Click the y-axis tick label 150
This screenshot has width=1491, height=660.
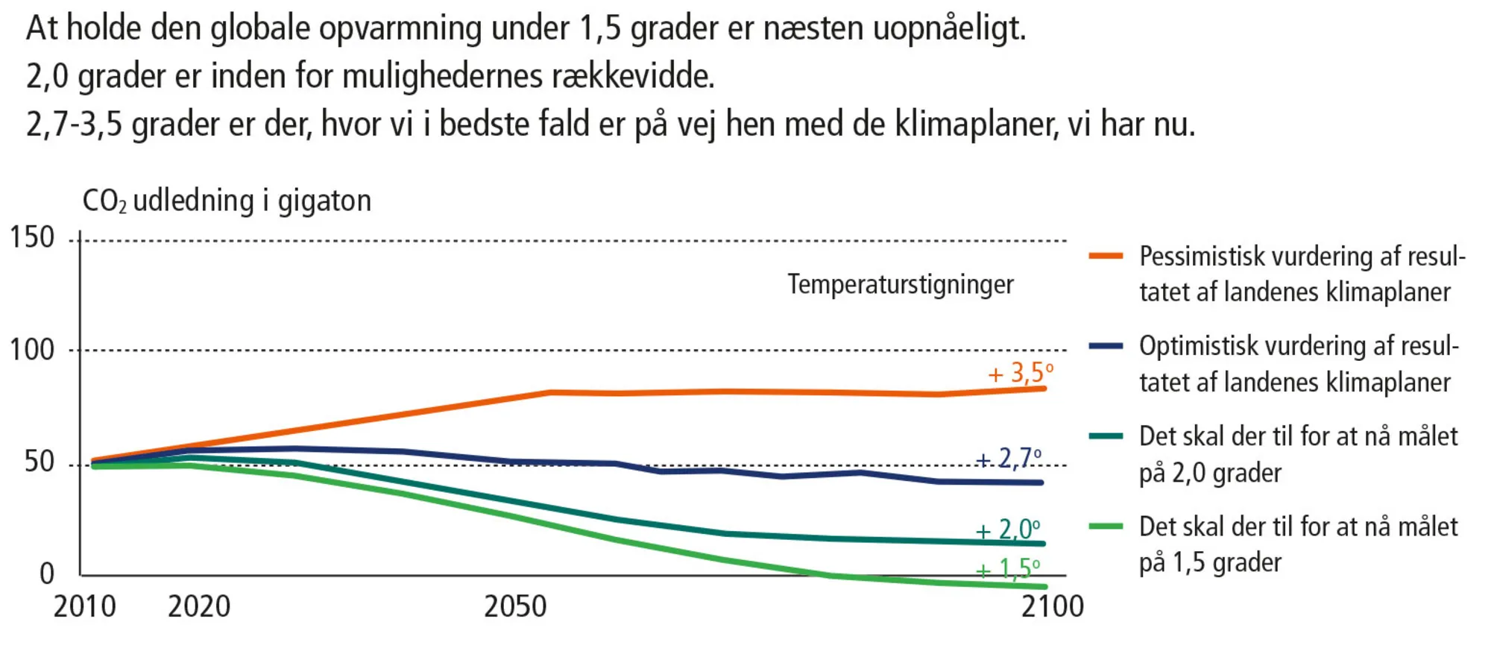(x=32, y=238)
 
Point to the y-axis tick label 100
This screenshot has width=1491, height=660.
(x=32, y=350)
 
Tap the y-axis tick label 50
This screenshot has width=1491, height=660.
(x=40, y=462)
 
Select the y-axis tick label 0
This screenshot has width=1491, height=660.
(x=47, y=573)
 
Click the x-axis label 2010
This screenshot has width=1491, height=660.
(x=84, y=607)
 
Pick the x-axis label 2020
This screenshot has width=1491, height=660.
(x=199, y=607)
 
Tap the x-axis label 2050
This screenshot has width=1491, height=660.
(x=515, y=607)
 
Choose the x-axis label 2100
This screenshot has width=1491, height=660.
(x=1053, y=607)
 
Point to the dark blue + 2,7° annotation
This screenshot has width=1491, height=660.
(x=1009, y=458)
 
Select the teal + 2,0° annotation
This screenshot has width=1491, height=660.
(x=1008, y=529)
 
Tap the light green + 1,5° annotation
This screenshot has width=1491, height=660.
(x=1008, y=570)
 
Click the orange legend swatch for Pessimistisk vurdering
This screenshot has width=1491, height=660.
(x=1106, y=256)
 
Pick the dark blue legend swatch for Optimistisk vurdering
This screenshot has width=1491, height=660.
(x=1106, y=345)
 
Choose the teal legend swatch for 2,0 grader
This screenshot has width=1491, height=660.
(x=1106, y=436)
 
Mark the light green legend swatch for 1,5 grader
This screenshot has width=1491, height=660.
(x=1106, y=527)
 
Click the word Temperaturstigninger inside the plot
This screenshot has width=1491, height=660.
(x=901, y=285)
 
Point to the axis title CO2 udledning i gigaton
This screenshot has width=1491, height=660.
(x=227, y=201)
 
